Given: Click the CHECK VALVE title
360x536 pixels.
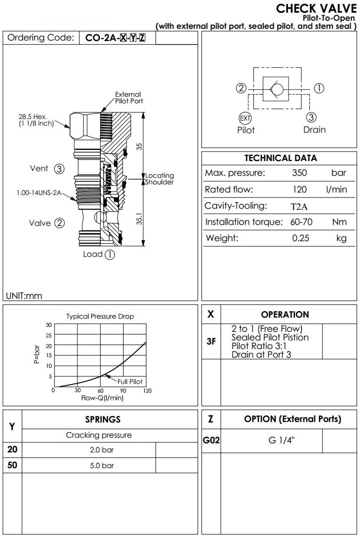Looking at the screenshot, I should coord(316,9).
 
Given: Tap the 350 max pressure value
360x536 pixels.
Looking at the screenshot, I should coord(300,173).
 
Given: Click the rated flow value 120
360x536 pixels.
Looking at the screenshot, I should coord(300,189).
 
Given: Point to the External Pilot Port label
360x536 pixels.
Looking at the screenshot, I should coord(129,97).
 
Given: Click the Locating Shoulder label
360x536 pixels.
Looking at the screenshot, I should coord(159,179).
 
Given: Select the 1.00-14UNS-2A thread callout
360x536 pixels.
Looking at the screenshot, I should coord(39,193).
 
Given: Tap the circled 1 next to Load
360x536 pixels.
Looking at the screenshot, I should coord(110,255).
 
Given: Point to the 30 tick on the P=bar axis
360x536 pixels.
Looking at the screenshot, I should coord(49,325).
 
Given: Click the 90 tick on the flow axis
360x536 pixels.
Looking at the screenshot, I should coord(123,391).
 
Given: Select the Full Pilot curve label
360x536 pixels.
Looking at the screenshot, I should coord(130,381).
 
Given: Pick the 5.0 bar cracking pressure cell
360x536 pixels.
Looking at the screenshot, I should coord(89,466).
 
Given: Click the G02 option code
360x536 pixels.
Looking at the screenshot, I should coord(211,441).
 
